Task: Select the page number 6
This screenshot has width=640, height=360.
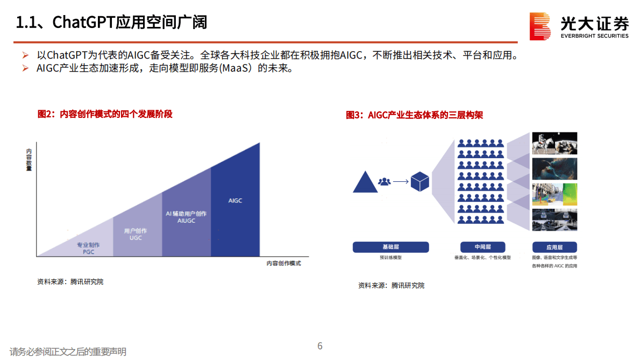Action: (320, 346)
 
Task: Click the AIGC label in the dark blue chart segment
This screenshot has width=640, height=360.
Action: (235, 201)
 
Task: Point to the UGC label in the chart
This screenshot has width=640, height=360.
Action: (136, 237)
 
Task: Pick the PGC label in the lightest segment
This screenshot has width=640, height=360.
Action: (88, 251)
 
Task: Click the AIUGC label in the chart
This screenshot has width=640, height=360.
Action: (186, 221)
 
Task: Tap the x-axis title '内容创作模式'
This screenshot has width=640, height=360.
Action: (283, 263)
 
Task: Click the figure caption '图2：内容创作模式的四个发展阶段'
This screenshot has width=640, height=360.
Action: (105, 114)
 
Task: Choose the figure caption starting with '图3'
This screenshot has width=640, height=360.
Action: (414, 115)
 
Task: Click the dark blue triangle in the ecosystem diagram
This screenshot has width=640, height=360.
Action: (364, 182)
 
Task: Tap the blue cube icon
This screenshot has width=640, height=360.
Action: (419, 182)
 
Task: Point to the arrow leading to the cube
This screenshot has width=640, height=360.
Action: (401, 182)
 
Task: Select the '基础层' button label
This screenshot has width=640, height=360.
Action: (390, 247)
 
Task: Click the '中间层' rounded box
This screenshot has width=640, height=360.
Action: (482, 247)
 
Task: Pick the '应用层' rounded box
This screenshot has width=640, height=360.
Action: (554, 247)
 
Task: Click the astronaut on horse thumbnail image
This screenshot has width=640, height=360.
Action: (554, 144)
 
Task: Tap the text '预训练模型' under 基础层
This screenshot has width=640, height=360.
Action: (390, 258)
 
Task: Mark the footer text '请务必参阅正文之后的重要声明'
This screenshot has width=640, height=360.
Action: (68, 352)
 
